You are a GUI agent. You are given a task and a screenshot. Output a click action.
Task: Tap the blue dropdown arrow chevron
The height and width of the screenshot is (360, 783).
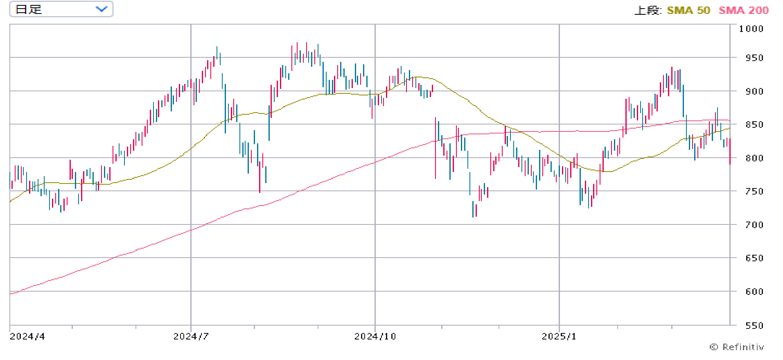tap(101, 9)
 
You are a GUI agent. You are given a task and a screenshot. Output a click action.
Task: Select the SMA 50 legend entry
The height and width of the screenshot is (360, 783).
tap(688, 10)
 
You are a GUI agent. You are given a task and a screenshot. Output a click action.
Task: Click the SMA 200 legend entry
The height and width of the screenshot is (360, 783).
tap(743, 10)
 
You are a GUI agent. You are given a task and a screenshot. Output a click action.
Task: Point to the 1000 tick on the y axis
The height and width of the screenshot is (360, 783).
tap(751, 29)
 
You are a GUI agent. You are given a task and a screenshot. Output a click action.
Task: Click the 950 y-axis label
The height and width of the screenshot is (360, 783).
tap(754, 58)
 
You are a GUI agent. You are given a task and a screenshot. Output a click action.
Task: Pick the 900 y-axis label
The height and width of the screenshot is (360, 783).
tap(754, 91)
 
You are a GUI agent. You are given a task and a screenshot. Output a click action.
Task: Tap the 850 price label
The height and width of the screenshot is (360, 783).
tap(754, 125)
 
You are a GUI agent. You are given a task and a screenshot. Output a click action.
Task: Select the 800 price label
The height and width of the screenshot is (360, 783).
tap(754, 158)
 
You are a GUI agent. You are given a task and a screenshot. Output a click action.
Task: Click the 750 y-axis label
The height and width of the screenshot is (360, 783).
tap(754, 191)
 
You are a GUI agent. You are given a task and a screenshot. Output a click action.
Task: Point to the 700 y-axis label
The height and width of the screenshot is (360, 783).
tap(754, 225)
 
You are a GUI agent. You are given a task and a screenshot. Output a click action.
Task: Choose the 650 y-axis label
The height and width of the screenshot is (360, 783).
tap(754, 258)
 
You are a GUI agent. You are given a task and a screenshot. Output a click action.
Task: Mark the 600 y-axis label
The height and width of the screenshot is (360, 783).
tap(754, 292)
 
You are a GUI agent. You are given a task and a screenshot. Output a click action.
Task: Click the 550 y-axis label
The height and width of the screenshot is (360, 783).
tap(754, 326)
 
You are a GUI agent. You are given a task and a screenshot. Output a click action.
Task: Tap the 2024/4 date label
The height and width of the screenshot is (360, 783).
tap(27, 336)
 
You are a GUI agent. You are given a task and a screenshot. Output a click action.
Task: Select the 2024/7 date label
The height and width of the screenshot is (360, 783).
tap(191, 336)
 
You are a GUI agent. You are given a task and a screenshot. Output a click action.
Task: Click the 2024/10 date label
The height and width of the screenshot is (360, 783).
tap(375, 336)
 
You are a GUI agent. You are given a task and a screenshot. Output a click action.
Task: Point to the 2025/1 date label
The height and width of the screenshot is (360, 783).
tap(559, 336)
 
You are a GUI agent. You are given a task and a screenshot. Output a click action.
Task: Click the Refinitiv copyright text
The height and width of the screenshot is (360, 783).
tap(736, 347)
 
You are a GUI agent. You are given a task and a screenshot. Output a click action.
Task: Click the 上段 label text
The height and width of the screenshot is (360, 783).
tap(648, 10)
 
